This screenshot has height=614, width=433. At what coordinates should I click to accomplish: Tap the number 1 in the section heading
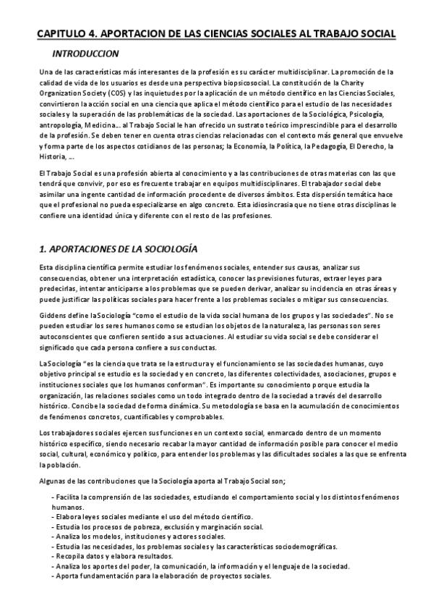pyautogui.click(x=41, y=249)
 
